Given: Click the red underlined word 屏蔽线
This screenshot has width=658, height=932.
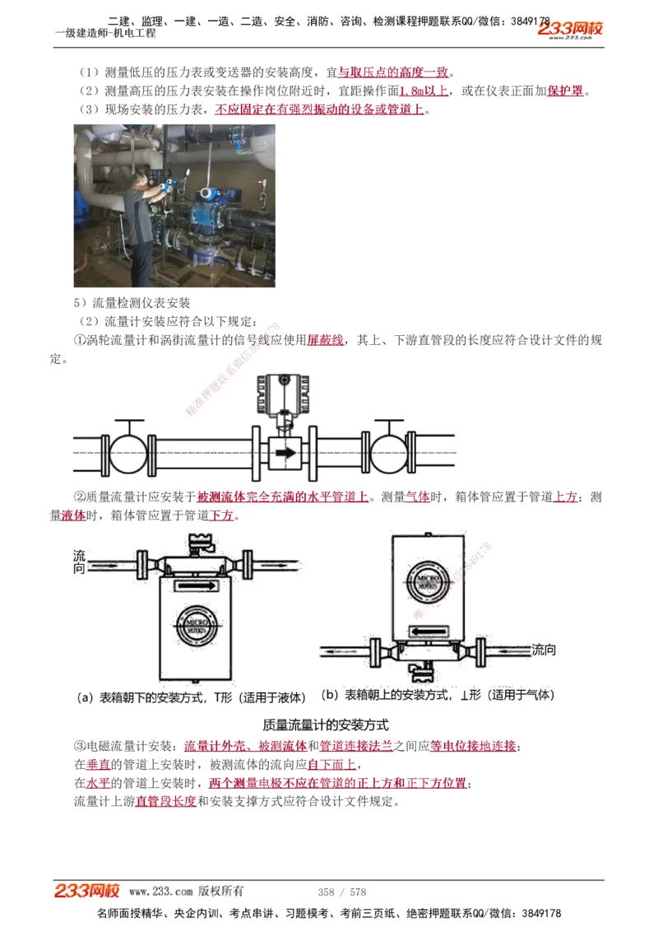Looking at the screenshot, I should (326, 340).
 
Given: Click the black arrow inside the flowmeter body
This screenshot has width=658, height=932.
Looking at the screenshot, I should (285, 453).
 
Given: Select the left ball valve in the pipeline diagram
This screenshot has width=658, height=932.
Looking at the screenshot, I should (129, 452).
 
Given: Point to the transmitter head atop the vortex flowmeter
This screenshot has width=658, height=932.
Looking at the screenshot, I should (283, 391).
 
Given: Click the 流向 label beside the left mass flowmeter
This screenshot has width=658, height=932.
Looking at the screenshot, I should (79, 562).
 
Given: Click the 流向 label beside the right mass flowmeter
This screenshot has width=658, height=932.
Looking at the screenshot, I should (544, 650).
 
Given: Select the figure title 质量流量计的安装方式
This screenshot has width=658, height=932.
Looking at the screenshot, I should (326, 725).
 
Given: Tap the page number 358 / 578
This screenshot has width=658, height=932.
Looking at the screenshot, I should (342, 892).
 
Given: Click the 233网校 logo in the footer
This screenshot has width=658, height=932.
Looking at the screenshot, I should (87, 891).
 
